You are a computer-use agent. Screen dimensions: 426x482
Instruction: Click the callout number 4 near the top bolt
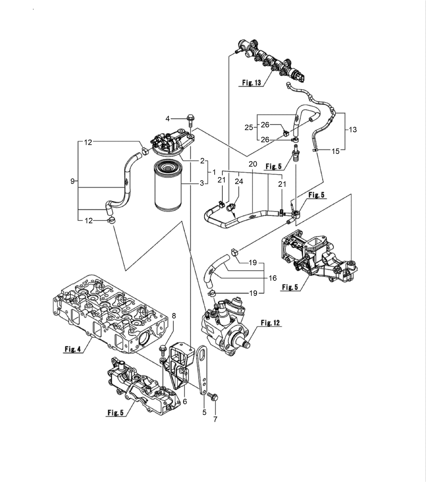tap(167, 118)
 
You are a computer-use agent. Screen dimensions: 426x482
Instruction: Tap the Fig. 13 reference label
tap(252, 83)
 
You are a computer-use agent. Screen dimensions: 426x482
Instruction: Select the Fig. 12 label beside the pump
tap(271, 323)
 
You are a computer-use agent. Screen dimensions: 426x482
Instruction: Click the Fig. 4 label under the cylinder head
tap(73, 349)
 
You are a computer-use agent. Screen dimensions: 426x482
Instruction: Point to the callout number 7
tap(215, 419)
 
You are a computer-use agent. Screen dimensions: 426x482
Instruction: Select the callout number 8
tap(174, 316)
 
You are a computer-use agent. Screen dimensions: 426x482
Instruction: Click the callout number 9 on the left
tap(72, 181)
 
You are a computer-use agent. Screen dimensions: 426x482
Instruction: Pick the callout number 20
tap(253, 164)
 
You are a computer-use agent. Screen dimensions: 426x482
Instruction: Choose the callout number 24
tap(239, 182)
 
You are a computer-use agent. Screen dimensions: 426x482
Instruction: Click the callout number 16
tap(273, 278)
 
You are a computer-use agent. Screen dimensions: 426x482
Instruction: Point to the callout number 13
tap(353, 130)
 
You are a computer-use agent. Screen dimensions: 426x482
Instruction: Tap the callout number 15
tap(335, 151)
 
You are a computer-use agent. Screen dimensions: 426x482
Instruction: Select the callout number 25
tap(249, 128)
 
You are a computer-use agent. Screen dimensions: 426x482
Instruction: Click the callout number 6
tap(185, 401)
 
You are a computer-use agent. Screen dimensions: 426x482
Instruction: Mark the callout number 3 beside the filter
tap(202, 183)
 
